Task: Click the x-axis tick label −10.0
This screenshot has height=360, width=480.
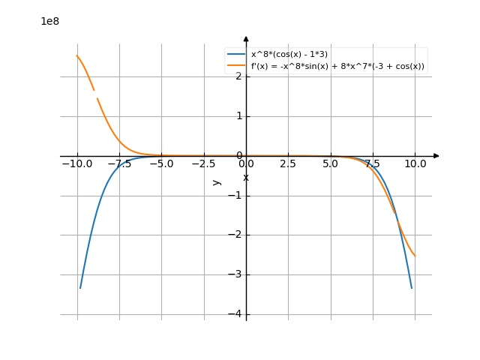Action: point(76,163)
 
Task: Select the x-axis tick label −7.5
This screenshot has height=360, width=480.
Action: point(118,163)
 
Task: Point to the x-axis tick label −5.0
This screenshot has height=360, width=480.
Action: point(161,163)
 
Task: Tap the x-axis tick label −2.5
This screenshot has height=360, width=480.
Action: point(203,163)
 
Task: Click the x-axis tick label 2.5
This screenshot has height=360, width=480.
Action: point(288,163)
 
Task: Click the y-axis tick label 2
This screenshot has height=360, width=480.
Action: point(238,76)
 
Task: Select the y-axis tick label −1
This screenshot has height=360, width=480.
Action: point(235,196)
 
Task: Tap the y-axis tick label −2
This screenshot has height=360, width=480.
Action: point(235,235)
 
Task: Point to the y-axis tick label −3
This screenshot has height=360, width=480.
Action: point(235,275)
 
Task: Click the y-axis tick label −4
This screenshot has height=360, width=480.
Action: point(235,315)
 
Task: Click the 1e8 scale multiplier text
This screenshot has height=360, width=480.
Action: point(49,22)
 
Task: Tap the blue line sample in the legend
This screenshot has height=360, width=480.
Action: point(237,55)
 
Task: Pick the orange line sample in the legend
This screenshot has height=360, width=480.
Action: point(237,66)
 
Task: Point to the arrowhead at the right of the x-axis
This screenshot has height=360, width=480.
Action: point(436,156)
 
